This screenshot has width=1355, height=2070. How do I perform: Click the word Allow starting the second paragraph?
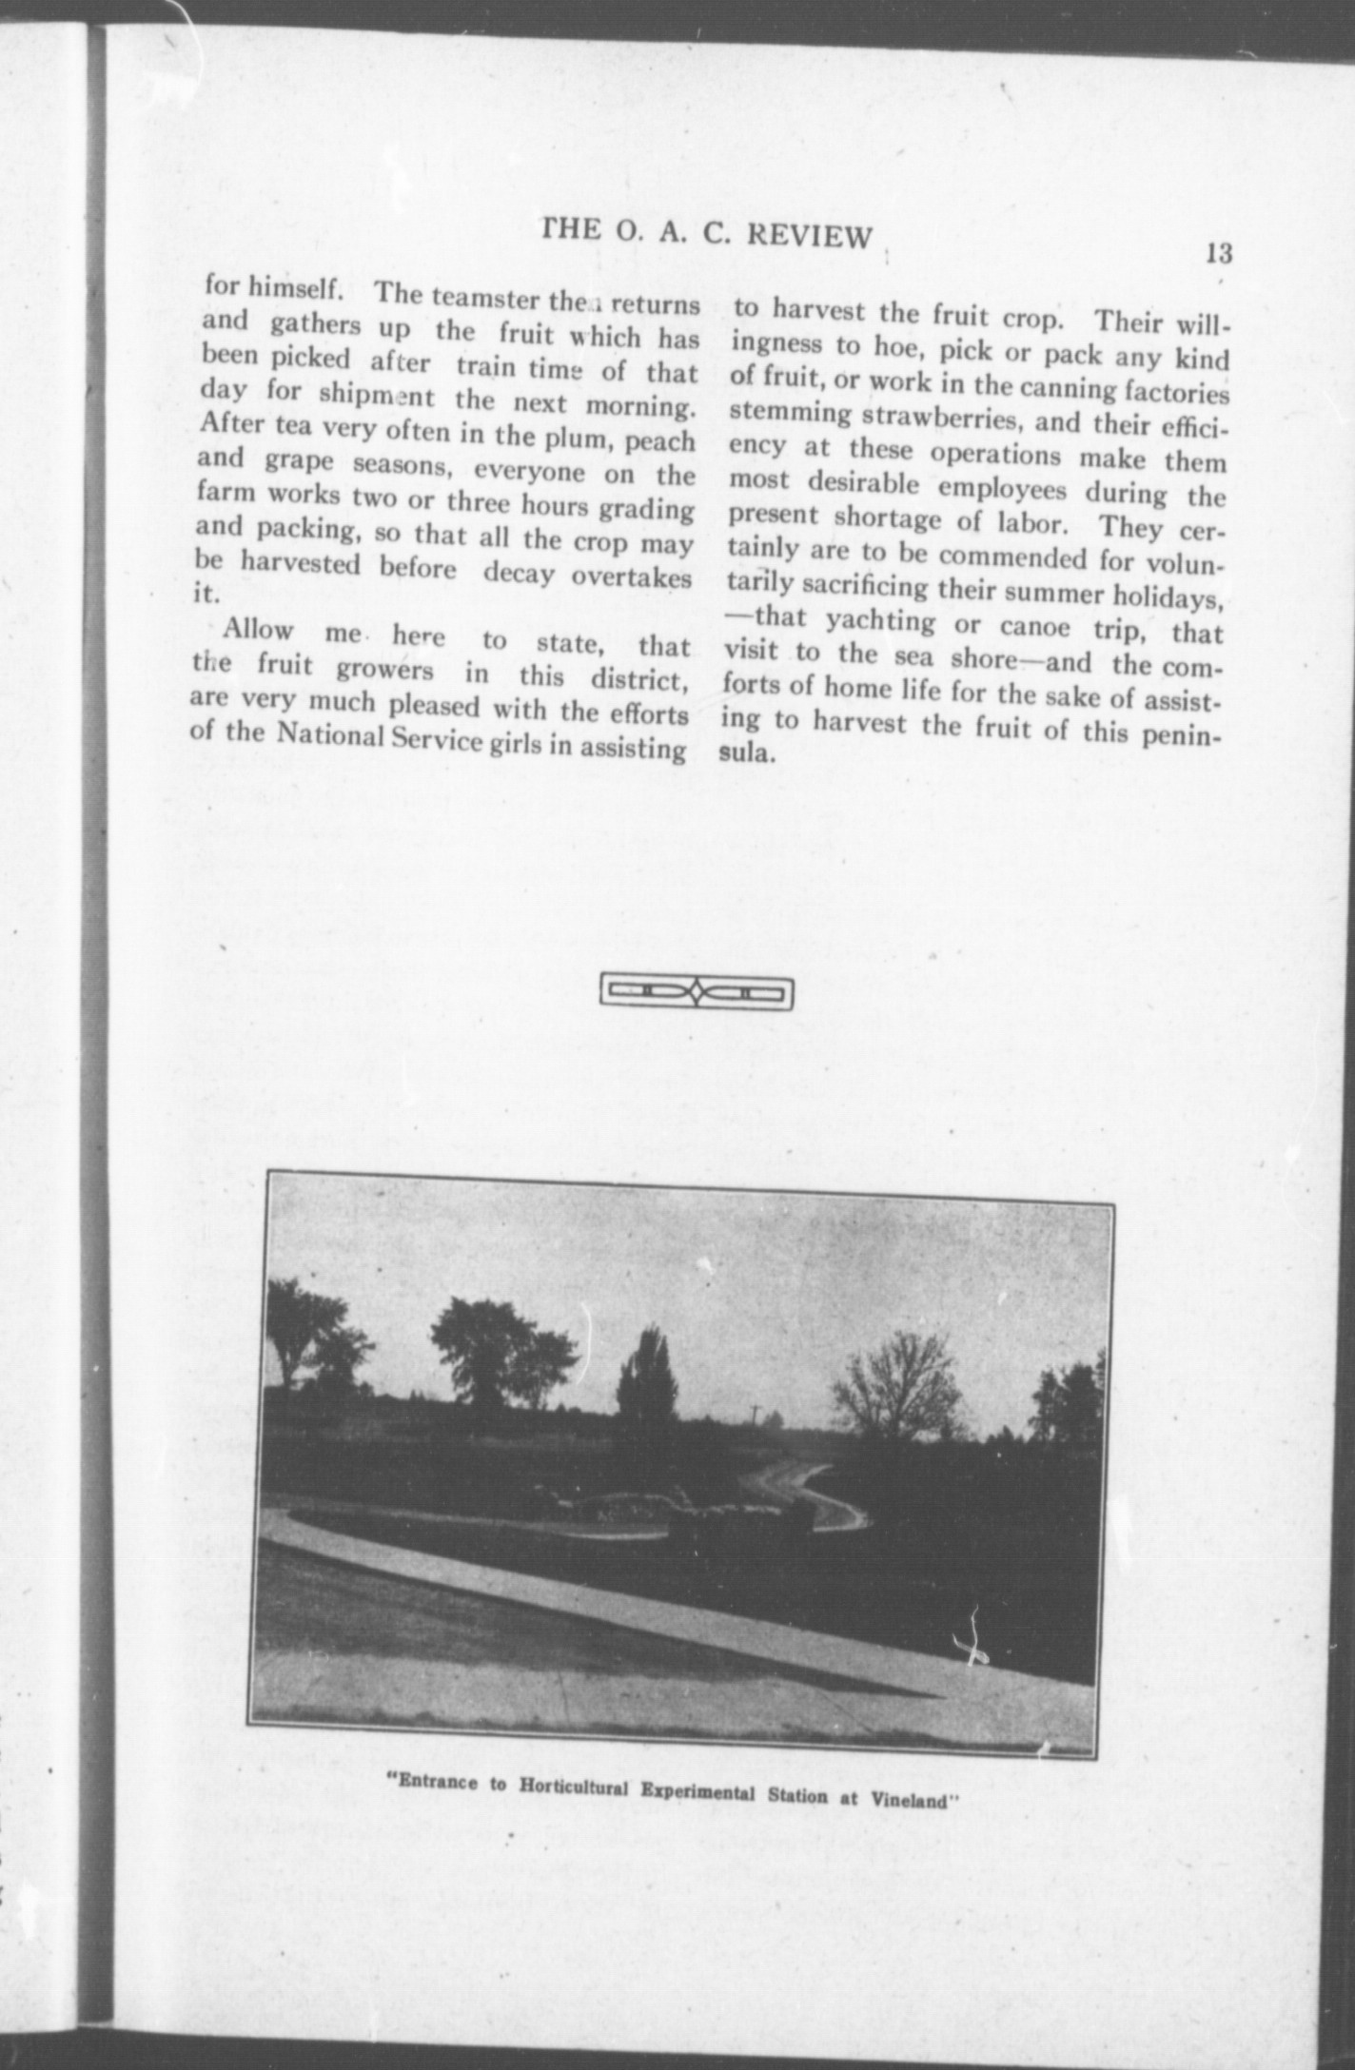pos(257,632)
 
